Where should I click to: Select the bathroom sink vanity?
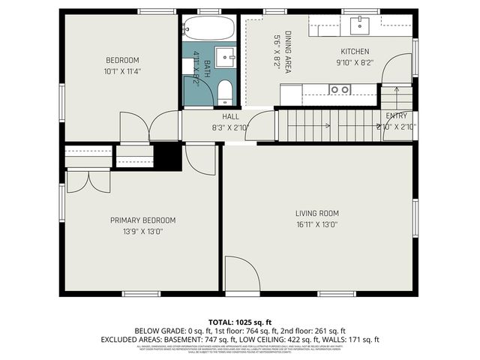tap(224, 58)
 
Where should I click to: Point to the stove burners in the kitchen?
tap(340, 89)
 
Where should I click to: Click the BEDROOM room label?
tap(122, 60)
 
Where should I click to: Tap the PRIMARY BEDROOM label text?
tap(142, 220)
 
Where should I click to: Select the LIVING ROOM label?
tap(317, 213)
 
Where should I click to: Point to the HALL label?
tap(230, 117)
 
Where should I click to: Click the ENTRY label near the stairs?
tap(396, 116)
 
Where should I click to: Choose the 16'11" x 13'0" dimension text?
tap(317, 223)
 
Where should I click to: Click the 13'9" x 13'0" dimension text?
tap(142, 231)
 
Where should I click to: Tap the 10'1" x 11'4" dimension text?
tap(122, 71)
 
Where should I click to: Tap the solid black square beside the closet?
tap(167, 156)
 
